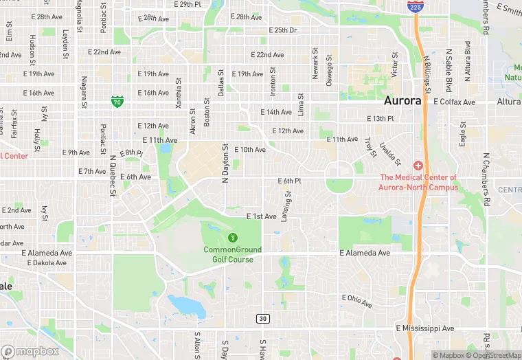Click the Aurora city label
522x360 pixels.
click(x=402, y=100)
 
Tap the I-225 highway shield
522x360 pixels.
click(x=415, y=6)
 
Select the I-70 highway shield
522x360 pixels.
click(x=117, y=102)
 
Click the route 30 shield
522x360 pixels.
click(x=262, y=319)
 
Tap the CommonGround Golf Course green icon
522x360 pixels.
click(x=232, y=237)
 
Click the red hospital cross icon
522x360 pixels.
click(x=418, y=166)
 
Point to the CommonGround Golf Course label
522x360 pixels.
click(x=229, y=254)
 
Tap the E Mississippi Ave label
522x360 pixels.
click(x=424, y=328)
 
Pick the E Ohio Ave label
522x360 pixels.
click(x=357, y=300)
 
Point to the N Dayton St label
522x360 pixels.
click(x=225, y=164)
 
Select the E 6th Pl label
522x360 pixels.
click(x=290, y=181)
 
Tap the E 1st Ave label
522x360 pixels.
click(x=262, y=216)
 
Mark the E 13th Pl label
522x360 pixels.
click(x=380, y=119)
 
